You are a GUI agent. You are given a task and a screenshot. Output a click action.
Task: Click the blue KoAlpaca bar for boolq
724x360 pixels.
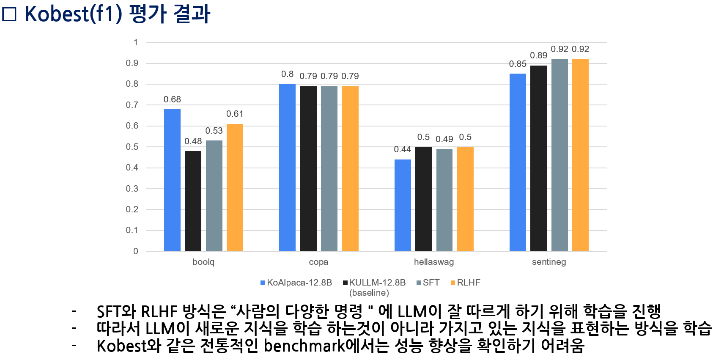172,180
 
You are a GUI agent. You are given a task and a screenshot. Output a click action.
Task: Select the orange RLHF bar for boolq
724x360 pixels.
235,187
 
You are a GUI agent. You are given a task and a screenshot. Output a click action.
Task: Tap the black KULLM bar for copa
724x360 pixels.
308,168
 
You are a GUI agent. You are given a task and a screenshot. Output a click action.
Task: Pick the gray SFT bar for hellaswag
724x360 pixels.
444,200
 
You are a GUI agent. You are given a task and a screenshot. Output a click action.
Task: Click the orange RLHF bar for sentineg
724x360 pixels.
580,155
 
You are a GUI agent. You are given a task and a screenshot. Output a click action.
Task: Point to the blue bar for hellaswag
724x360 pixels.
403,205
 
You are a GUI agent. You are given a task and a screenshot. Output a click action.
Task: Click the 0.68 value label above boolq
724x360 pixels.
172,99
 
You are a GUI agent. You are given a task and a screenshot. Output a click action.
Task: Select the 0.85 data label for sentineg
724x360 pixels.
518,64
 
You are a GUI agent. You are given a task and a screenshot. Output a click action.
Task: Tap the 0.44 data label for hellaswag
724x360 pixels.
402,149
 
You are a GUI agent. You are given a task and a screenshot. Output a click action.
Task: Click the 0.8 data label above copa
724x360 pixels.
287,74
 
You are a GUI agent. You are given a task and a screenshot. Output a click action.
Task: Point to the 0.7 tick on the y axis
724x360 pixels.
132,105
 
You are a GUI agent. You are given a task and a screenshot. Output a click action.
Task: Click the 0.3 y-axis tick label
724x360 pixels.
132,189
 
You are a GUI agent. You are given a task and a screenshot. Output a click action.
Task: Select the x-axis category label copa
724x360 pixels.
318,262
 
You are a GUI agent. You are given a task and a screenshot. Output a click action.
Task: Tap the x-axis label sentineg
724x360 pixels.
548,262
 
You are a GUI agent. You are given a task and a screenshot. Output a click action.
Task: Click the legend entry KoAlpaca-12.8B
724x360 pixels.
299,283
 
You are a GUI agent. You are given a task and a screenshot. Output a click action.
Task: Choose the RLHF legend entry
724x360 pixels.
468,283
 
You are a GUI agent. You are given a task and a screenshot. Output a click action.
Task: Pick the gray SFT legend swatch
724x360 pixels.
419,283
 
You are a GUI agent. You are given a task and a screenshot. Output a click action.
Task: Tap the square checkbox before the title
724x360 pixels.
9,14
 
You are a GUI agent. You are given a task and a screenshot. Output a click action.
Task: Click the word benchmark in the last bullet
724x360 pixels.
304,346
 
